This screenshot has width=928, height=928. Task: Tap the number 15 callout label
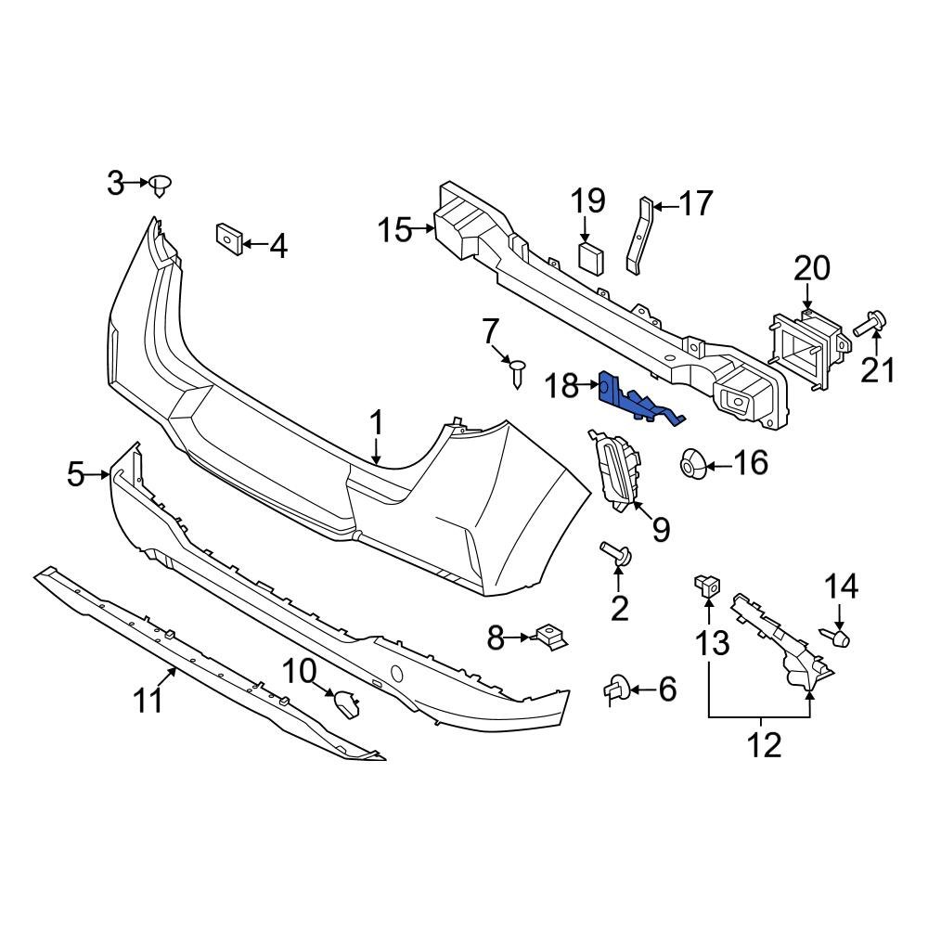394,229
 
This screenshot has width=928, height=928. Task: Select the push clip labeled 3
161,185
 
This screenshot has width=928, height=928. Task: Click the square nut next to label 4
228,238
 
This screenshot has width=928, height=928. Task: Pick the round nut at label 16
693,463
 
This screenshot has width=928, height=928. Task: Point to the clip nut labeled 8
549,638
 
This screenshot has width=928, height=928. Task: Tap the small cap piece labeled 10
348,705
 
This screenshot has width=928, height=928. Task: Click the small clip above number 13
707,586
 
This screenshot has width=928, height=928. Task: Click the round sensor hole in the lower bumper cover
396,672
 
